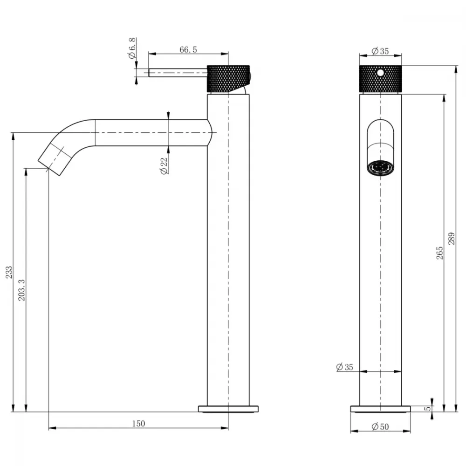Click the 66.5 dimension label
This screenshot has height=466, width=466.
pyautogui.click(x=188, y=50)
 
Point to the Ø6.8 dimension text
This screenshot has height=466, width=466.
pyautogui.click(x=132, y=48)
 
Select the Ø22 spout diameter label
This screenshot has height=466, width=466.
pyautogui.click(x=164, y=166)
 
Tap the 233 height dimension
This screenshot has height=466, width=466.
pyautogui.click(x=9, y=272)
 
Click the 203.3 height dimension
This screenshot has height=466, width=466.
pyautogui.click(x=22, y=290)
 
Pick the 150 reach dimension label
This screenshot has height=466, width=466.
pyautogui.click(x=138, y=423)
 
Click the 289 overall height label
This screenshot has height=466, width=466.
pyautogui.click(x=452, y=239)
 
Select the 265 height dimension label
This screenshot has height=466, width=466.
pyautogui.click(x=439, y=253)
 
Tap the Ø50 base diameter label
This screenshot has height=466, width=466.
pyautogui.click(x=380, y=427)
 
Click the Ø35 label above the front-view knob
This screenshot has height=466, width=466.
pyautogui.click(x=380, y=51)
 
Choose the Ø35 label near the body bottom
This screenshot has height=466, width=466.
pyautogui.click(x=344, y=367)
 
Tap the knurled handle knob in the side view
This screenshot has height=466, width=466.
pyautogui.click(x=228, y=78)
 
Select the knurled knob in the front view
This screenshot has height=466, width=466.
pyautogui.click(x=380, y=78)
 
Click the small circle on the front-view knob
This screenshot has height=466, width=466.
pyautogui.click(x=380, y=72)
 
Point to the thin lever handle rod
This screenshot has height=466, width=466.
pyautogui.click(x=178, y=73)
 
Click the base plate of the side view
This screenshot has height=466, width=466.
pyautogui.click(x=228, y=409)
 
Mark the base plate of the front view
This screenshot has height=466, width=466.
pyautogui.click(x=380, y=409)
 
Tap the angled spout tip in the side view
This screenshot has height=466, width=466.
pyautogui.click(x=55, y=159)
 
